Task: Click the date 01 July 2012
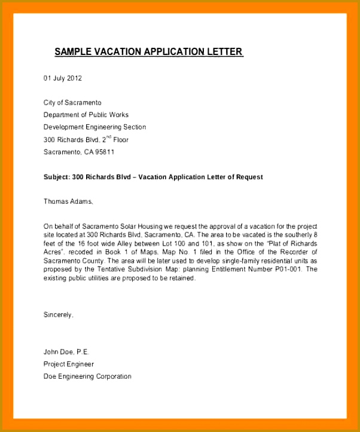pyautogui.click(x=63, y=78)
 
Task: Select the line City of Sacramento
pyautogui.click(x=72, y=103)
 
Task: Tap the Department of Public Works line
pyautogui.click(x=86, y=115)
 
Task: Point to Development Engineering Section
pyautogui.click(x=94, y=127)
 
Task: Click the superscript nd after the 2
pyautogui.click(x=108, y=137)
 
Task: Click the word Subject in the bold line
pyautogui.click(x=56, y=177)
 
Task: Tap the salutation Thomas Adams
pyautogui.click(x=68, y=201)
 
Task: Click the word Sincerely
pyautogui.click(x=58, y=314)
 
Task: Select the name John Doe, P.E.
pyautogui.click(x=66, y=352)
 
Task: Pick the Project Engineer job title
pyautogui.click(x=69, y=364)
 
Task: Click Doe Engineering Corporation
pyautogui.click(x=87, y=376)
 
